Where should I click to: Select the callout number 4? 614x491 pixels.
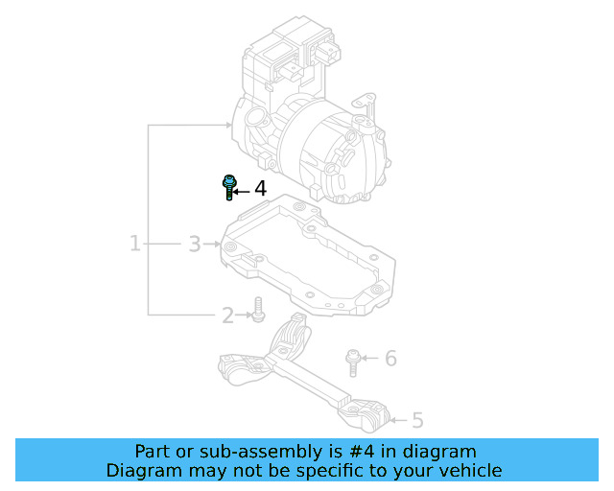[260, 190]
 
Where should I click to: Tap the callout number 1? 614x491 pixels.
[135, 244]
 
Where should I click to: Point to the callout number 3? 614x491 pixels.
[194, 245]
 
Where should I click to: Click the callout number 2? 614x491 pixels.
[227, 315]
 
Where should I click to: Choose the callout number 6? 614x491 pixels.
[390, 359]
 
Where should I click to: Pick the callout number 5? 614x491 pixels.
[417, 419]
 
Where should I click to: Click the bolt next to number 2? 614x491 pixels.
[256, 310]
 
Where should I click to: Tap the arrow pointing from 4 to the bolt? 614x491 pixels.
[243, 192]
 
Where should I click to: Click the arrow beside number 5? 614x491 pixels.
[401, 418]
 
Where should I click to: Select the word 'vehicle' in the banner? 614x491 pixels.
[470, 471]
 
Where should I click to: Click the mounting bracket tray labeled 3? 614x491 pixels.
[307, 254]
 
